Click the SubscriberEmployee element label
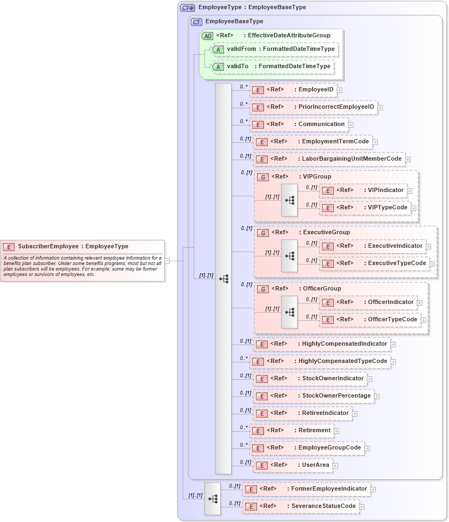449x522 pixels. [x=73, y=247]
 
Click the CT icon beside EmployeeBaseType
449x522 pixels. [x=197, y=22]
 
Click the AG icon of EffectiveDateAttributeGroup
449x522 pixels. [x=207, y=36]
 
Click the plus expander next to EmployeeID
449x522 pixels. [x=339, y=90]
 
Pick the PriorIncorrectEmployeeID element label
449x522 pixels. [x=336, y=107]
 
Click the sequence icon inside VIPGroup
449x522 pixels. [x=289, y=200]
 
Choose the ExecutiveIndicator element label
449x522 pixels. [x=395, y=246]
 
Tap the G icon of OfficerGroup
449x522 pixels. [x=262, y=289]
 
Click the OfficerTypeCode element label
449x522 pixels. [x=392, y=320]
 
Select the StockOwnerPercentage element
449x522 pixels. [x=336, y=396]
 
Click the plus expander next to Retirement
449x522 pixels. [x=336, y=431]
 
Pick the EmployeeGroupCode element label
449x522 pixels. [x=329, y=448]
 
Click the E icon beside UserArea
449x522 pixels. [x=261, y=465]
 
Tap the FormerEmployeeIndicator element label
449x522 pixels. [x=329, y=489]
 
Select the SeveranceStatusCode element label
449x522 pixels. [x=323, y=506]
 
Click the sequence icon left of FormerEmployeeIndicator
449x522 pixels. [x=213, y=499]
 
